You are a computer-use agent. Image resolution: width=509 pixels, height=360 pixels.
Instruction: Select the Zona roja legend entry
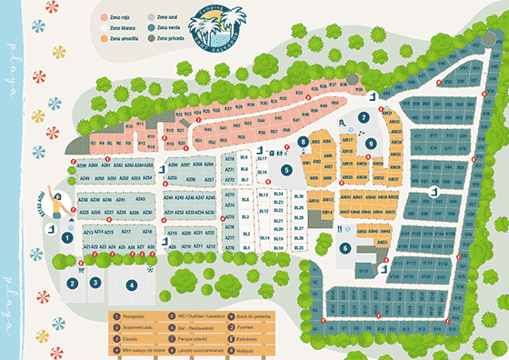click(x=115, y=17)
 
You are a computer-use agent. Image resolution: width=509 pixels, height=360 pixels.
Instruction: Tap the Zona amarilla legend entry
click(x=119, y=39)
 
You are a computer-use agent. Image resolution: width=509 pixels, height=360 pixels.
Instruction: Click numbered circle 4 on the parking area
click(x=132, y=284)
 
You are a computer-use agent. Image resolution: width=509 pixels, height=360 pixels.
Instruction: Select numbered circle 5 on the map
click(x=284, y=169)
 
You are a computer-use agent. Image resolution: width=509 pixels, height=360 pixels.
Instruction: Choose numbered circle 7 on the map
click(x=363, y=118)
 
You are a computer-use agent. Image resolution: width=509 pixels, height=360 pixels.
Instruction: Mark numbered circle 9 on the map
click(x=370, y=143)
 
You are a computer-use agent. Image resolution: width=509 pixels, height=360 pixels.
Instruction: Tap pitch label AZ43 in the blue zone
click(x=140, y=197)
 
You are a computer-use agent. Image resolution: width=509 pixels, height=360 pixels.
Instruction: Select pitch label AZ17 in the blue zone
click(x=125, y=233)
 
